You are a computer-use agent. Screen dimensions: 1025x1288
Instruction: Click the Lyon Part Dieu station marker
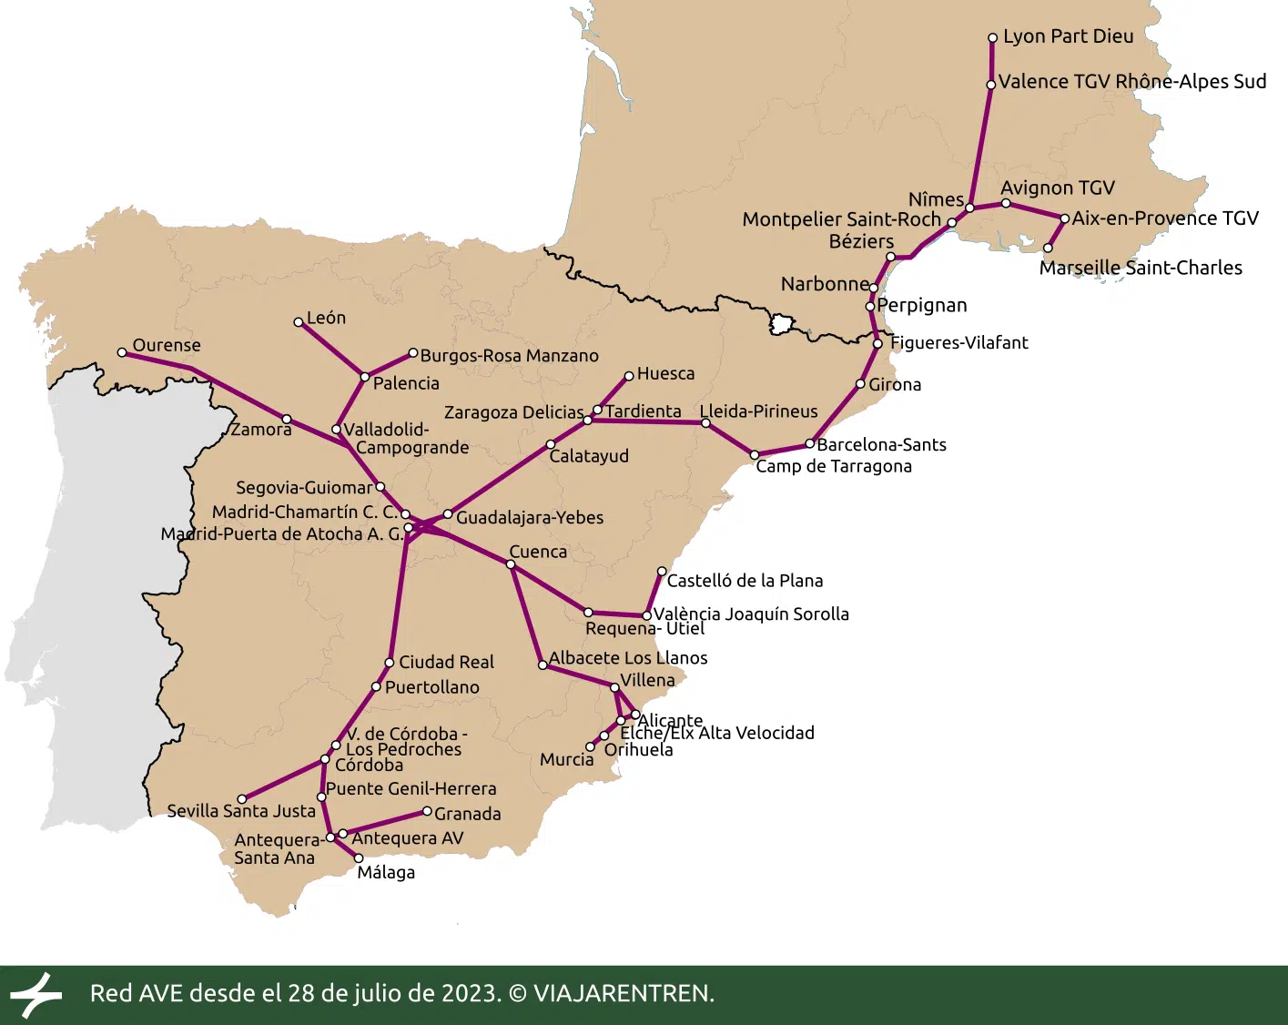(993, 38)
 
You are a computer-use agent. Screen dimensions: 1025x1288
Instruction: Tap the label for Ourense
(167, 345)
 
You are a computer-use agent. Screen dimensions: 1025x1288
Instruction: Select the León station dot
(299, 322)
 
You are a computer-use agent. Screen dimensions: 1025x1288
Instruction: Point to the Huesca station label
(665, 373)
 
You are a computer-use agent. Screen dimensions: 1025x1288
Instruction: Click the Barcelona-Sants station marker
(809, 444)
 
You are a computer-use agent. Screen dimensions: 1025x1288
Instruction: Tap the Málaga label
(386, 872)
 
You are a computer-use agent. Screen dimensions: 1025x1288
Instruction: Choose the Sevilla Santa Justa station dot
(242, 799)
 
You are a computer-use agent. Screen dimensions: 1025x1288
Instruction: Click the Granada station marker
(427, 811)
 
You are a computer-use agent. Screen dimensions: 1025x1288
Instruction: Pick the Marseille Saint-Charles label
(1141, 268)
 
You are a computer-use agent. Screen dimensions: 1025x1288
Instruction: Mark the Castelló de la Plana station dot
(662, 572)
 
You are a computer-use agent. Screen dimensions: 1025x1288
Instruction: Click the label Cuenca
(538, 552)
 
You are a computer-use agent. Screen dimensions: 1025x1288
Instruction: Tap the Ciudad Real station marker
(390, 663)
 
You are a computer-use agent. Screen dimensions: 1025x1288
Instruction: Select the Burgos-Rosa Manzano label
(509, 356)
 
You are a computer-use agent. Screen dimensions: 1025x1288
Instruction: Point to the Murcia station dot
(590, 747)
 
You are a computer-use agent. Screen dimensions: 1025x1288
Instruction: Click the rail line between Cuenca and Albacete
(526, 614)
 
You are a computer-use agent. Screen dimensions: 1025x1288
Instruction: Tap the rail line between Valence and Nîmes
(980, 146)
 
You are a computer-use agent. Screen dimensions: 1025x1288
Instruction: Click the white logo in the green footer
(35, 994)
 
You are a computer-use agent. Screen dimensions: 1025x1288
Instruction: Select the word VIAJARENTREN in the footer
(623, 993)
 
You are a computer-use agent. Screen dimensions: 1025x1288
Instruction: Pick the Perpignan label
(922, 305)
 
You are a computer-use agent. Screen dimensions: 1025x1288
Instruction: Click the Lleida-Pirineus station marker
(705, 422)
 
